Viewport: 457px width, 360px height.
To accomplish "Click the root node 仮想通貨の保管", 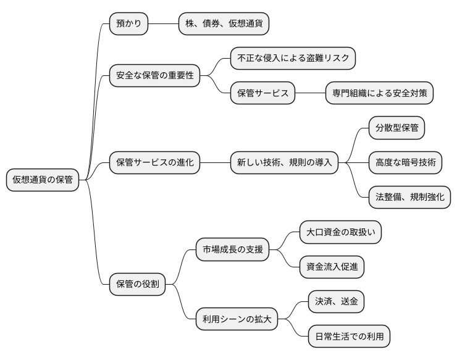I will (43, 180).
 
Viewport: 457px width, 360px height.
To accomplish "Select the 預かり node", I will (128, 24).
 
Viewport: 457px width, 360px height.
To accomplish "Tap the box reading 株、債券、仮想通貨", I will (224, 24).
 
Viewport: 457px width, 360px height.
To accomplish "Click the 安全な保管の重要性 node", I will (155, 76).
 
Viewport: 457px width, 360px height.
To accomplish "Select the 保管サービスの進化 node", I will (155, 163).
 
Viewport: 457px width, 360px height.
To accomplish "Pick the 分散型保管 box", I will (396, 128).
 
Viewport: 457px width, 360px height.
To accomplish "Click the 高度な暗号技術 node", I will (405, 163).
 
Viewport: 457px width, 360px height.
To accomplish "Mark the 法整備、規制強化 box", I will (409, 198).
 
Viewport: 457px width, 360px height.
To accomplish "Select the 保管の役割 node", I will (137, 284).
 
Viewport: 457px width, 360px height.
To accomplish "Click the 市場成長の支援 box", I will (232, 249).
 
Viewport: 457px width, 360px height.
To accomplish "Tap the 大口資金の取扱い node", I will (340, 232).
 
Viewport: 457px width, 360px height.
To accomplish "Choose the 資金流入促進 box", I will (332, 267).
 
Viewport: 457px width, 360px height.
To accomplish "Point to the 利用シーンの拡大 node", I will (237, 319).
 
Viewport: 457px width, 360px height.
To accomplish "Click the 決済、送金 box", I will (336, 301).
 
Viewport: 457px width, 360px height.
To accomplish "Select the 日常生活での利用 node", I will (349, 337).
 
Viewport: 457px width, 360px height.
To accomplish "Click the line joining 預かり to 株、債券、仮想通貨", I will (163, 24).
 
